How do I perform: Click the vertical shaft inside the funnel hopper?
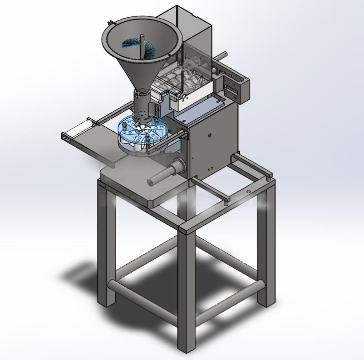coord(142,44)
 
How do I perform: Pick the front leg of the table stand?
coord(186,288)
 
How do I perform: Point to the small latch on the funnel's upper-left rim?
coord(109,22)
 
